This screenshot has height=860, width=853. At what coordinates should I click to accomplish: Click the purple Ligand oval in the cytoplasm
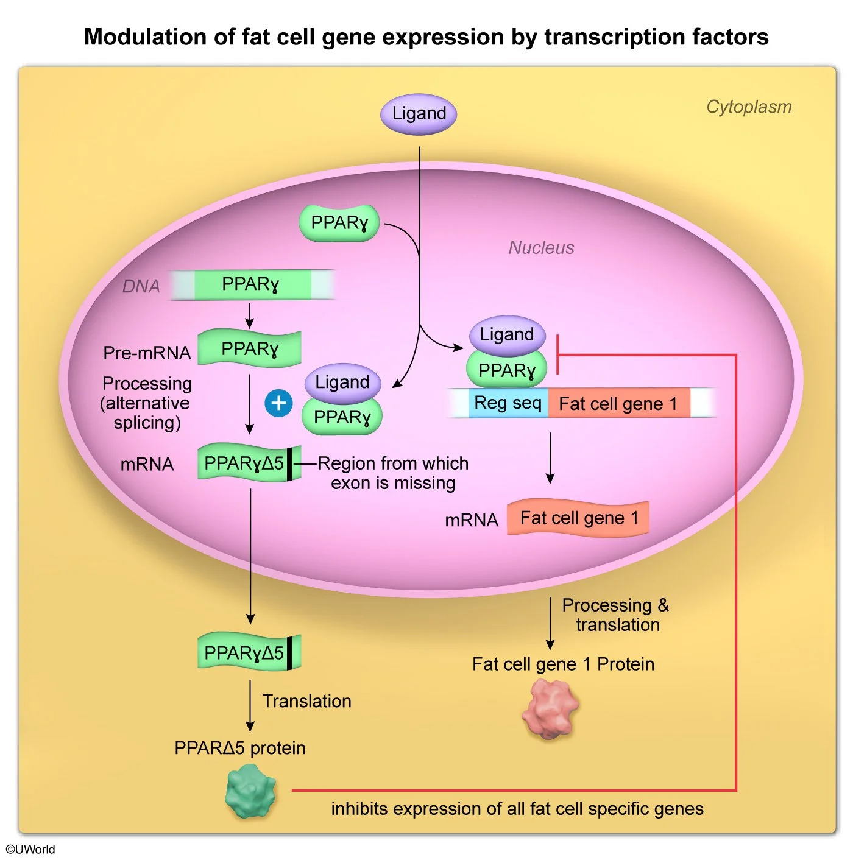coord(419,114)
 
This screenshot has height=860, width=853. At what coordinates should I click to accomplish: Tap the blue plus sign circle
coord(278,403)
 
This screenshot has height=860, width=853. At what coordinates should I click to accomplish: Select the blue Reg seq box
coord(508,403)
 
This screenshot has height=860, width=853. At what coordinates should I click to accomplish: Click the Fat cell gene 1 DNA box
coord(618,403)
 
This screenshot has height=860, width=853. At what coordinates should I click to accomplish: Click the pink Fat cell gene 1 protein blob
coord(550,709)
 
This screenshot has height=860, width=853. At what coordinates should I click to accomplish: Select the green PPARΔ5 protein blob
coord(250,791)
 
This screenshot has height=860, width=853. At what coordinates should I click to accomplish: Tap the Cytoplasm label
coord(748,107)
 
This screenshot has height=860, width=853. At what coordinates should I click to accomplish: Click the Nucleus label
coord(541,248)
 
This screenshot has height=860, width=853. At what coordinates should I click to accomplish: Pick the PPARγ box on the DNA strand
coord(250,284)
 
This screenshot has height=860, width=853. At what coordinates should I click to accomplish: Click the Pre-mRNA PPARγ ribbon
coord(249,349)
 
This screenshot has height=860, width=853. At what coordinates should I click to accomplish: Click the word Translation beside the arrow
coord(306,701)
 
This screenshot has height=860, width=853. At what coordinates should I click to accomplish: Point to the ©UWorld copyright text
coord(30,849)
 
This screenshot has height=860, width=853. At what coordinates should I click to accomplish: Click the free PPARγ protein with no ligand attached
coord(339,223)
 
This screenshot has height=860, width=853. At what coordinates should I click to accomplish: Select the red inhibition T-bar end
coord(557,354)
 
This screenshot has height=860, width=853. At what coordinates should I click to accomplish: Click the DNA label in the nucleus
coord(141,286)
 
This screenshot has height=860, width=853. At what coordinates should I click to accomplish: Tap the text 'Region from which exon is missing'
coord(393,473)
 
